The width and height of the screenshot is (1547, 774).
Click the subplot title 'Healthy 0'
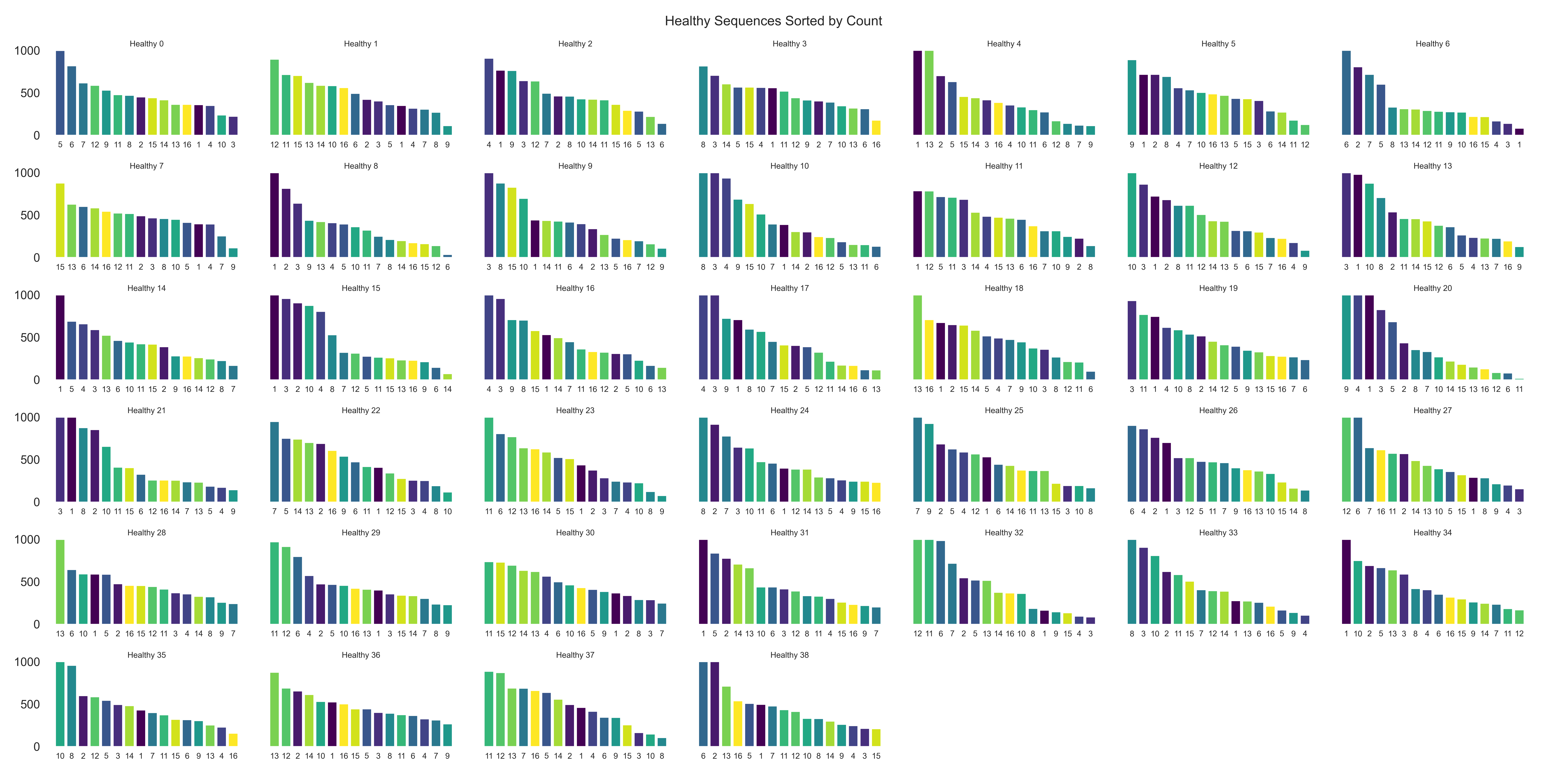[x=146, y=44]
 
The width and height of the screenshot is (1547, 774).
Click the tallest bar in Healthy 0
[x=60, y=93]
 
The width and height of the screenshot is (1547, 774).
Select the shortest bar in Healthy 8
[x=447, y=255]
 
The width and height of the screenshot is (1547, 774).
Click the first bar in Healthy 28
[x=60, y=582]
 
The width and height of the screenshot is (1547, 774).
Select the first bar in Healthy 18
[x=918, y=338]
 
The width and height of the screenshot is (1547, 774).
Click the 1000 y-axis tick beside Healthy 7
[x=27, y=173]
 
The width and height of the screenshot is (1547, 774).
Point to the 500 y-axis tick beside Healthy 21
[x=30, y=460]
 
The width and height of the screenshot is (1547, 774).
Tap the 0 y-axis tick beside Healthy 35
[x=36, y=747]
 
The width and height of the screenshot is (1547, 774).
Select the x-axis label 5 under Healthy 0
[x=60, y=145]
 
